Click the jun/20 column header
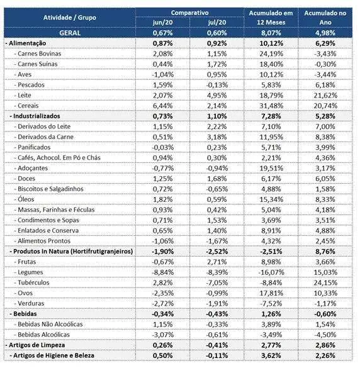(162, 23)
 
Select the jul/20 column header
(217, 23)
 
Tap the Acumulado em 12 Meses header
(271, 18)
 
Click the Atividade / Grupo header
(70, 18)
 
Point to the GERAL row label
(70, 33)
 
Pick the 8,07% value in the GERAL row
(271, 33)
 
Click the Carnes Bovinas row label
(39, 53)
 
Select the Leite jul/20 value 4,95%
(217, 96)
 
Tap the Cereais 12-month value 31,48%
(271, 106)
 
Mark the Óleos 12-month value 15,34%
(271, 199)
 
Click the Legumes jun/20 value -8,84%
(163, 272)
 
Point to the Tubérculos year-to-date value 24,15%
(325, 283)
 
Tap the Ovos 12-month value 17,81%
(271, 293)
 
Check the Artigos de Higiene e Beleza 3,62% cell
(271, 355)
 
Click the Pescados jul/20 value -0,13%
(217, 85)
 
